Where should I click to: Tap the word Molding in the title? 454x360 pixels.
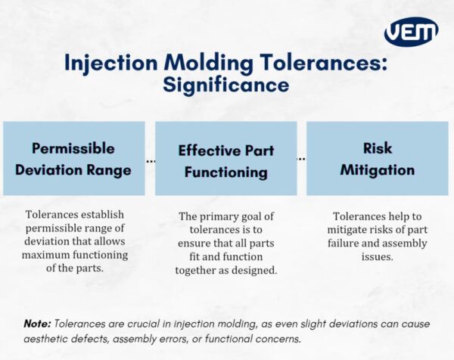click(x=205, y=62)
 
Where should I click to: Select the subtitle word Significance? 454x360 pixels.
click(x=225, y=85)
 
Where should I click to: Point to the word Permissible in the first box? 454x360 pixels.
click(x=73, y=147)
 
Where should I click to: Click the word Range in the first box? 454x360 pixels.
click(x=110, y=169)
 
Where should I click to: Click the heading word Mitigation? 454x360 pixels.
click(x=377, y=169)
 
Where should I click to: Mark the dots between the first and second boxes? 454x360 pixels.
click(x=150, y=160)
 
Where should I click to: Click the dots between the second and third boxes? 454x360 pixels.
click(x=302, y=160)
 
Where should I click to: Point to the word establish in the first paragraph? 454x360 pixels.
click(x=104, y=215)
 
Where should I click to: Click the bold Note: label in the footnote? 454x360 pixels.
click(x=37, y=323)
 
